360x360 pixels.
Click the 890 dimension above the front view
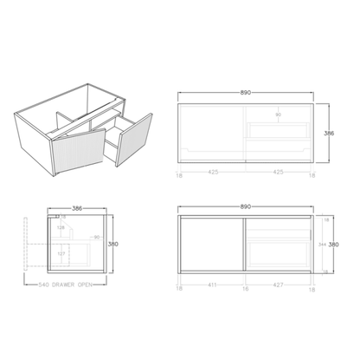click(245, 208)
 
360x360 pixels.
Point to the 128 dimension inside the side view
click(61, 228)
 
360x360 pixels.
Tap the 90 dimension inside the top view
click(279, 115)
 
